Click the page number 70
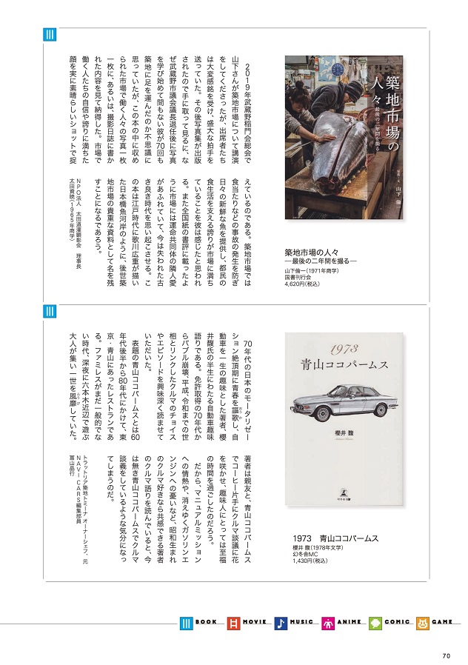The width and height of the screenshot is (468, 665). coord(446,654)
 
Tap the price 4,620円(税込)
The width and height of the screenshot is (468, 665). coord(305,282)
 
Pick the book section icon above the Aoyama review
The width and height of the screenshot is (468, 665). coord(50,312)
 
